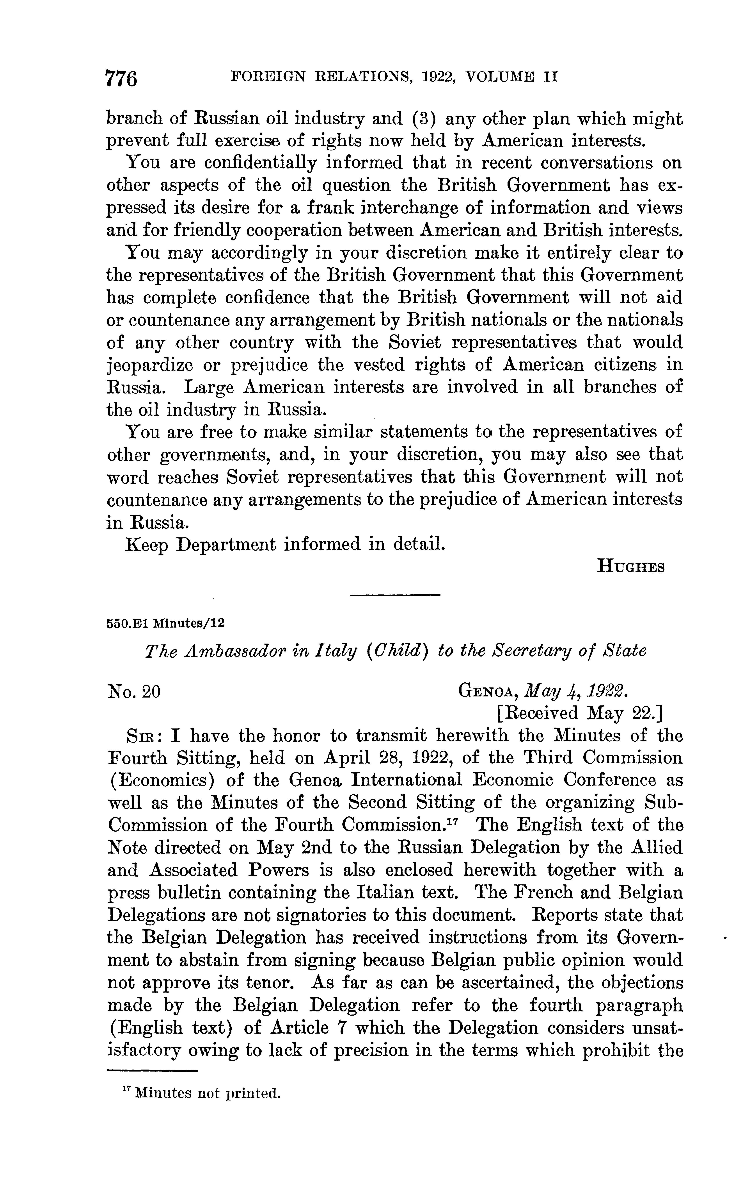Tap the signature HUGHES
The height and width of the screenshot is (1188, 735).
630,567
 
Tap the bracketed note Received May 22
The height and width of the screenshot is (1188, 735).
580,713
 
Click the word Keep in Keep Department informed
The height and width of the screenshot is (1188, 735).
147,544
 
